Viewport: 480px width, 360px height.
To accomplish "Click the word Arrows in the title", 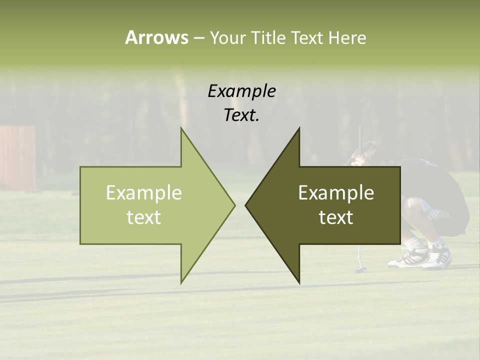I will point(156,37).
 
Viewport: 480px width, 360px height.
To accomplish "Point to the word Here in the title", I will point(347,37).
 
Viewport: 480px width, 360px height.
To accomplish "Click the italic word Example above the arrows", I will point(241,91).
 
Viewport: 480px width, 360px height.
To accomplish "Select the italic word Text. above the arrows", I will point(241,115).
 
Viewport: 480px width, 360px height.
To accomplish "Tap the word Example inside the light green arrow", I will point(144,193).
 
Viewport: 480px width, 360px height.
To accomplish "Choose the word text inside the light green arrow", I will point(144,217).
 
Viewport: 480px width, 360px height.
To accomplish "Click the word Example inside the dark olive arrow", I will point(336,193).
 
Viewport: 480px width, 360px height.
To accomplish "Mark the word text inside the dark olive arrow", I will point(336,217).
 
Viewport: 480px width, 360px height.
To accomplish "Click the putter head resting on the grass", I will point(360,270).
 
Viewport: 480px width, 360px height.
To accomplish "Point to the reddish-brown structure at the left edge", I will point(18,157).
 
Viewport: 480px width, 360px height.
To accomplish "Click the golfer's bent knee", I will point(412,206).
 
